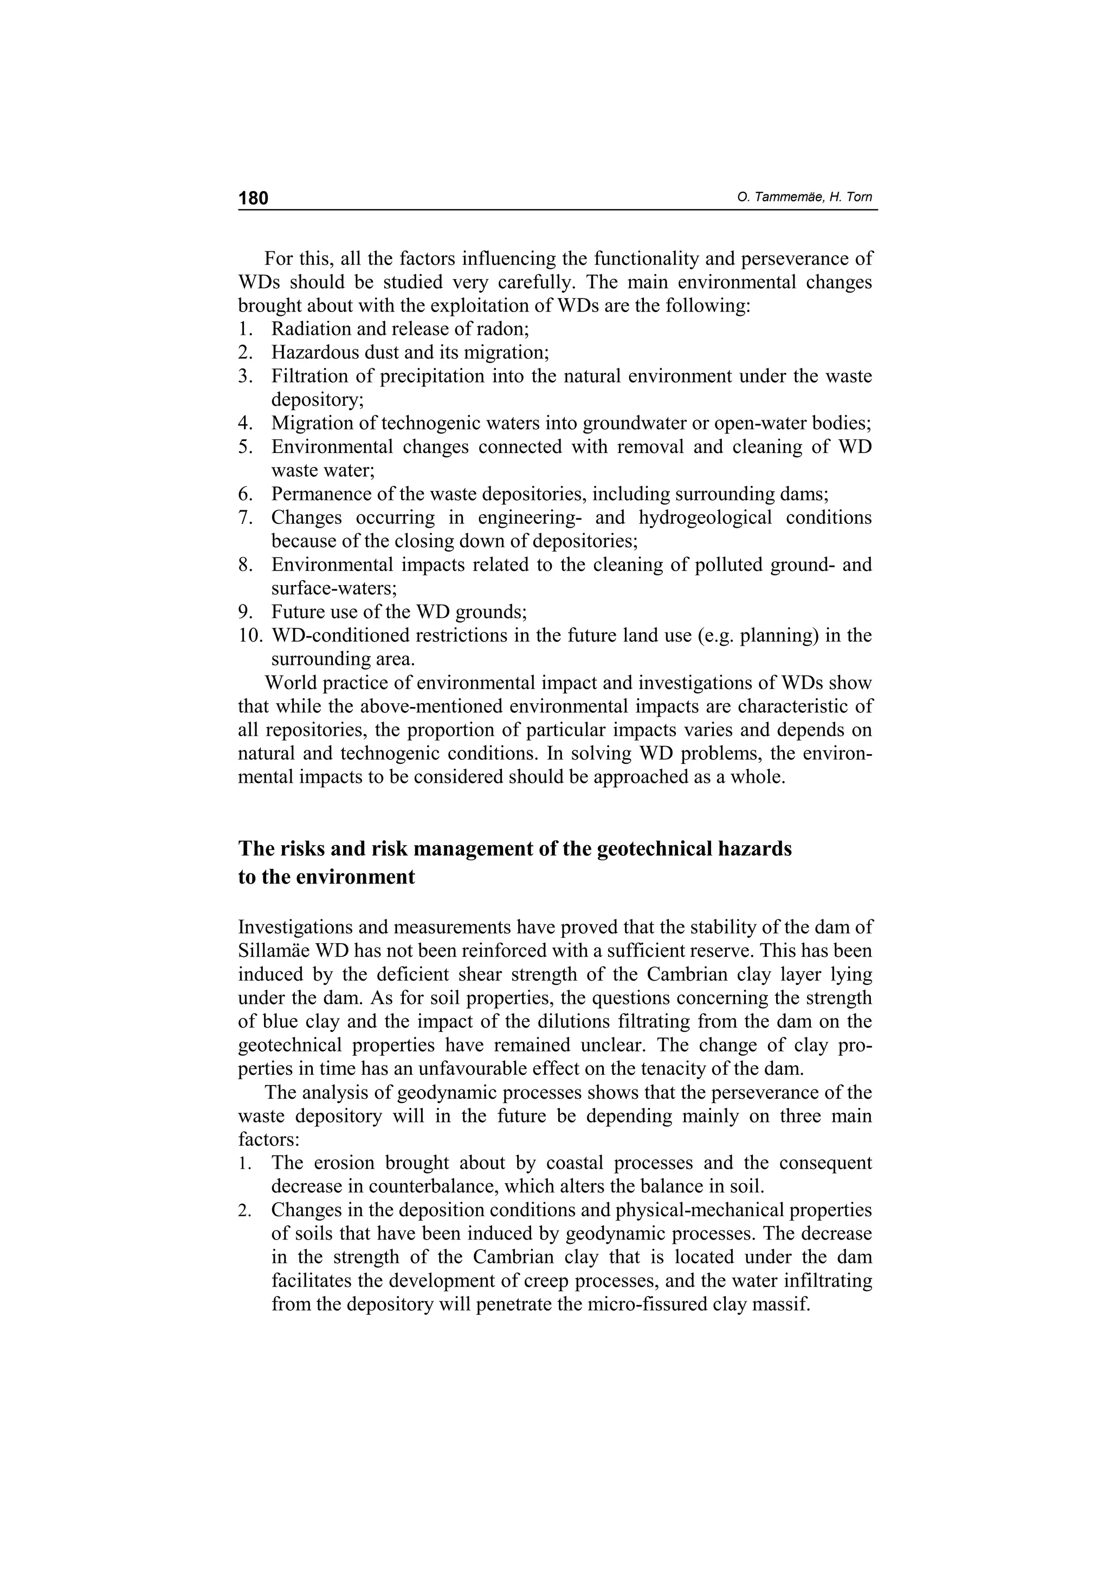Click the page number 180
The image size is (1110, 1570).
coord(253,198)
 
